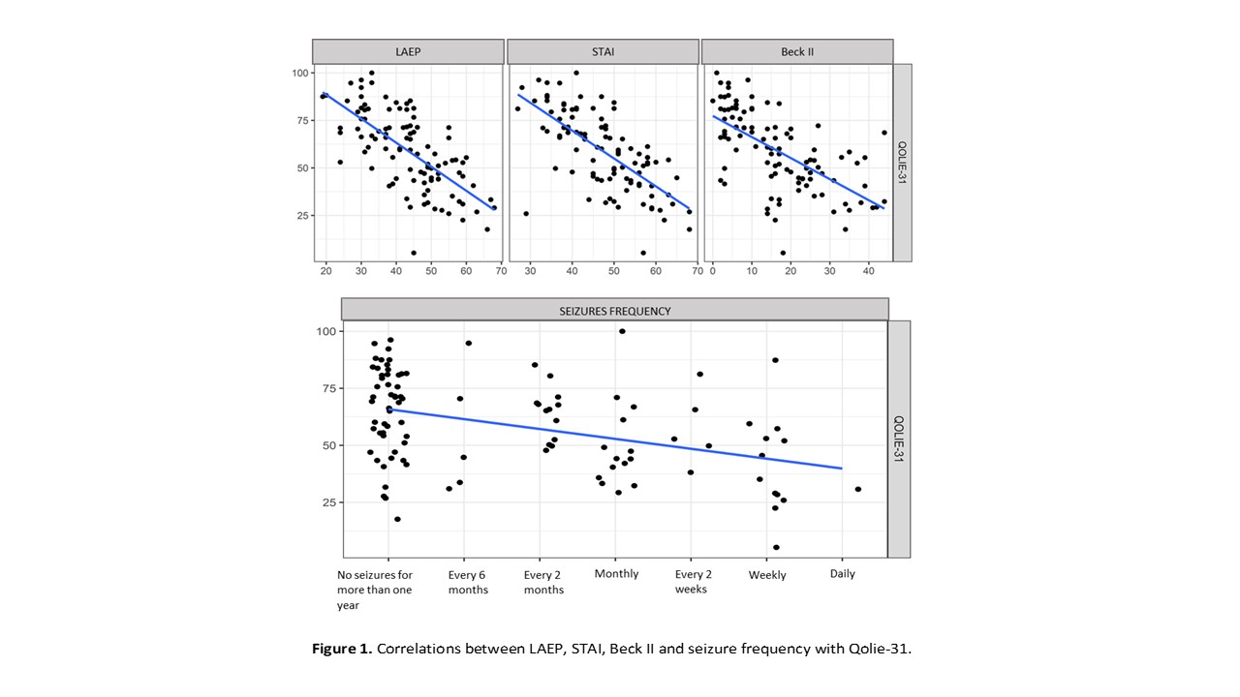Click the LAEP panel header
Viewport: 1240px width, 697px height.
click(x=408, y=51)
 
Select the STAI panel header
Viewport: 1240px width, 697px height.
click(x=603, y=51)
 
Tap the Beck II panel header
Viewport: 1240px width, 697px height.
click(x=797, y=51)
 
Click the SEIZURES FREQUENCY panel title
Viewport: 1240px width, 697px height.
click(x=615, y=311)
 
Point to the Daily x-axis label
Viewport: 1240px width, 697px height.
click(x=842, y=574)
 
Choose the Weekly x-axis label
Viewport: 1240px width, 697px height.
click(x=767, y=575)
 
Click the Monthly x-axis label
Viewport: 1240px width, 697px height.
click(x=616, y=574)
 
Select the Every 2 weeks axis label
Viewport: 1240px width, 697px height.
click(x=691, y=582)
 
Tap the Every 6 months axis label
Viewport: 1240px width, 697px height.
click(x=468, y=583)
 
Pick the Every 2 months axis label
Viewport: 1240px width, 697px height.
click(x=543, y=583)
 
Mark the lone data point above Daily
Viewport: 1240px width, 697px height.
click(x=858, y=489)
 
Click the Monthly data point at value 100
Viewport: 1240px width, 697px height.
click(x=622, y=331)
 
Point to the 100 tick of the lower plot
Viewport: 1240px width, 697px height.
click(x=326, y=332)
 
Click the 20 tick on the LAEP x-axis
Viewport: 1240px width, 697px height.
click(x=325, y=272)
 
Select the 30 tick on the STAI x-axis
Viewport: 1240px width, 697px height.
click(x=530, y=272)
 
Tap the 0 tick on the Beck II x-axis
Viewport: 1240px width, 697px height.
click(x=713, y=272)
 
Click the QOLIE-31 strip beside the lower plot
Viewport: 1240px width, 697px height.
click(x=899, y=439)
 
